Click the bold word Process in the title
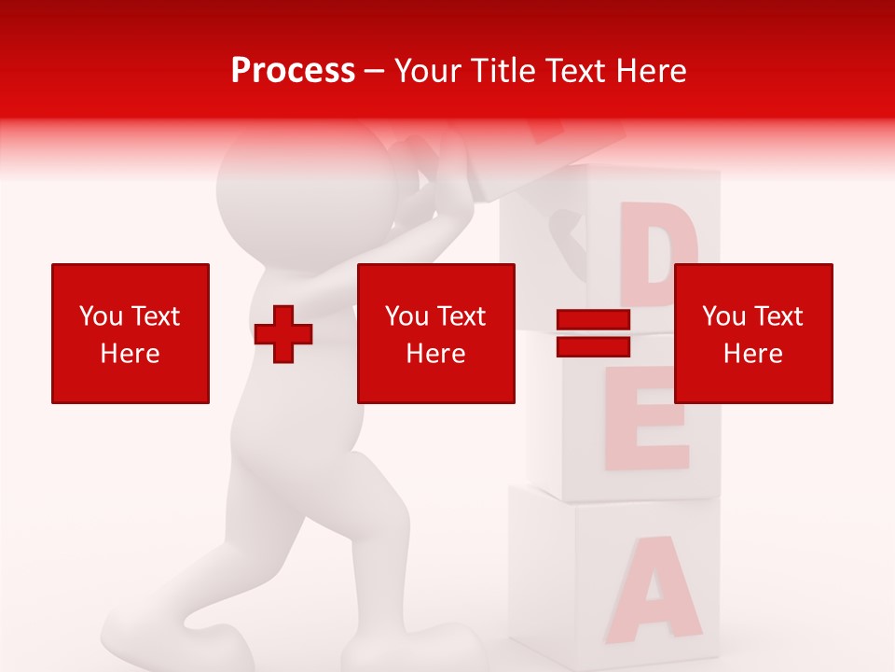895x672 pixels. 293,71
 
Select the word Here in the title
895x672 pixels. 650,71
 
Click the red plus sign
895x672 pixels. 283,334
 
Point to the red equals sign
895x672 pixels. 594,333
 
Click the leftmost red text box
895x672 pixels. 131,333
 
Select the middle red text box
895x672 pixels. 436,333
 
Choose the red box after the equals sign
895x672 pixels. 753,333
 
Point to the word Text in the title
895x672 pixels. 577,71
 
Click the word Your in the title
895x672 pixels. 426,71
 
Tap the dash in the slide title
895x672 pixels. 375,71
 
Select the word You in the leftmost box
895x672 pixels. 100,316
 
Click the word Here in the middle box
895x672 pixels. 436,353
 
